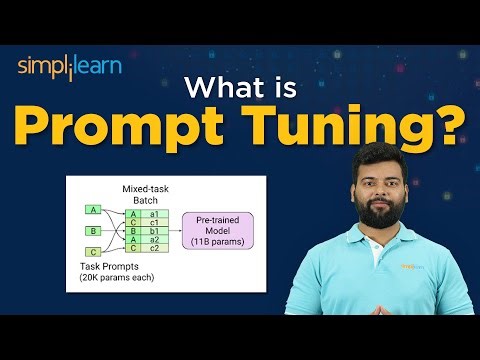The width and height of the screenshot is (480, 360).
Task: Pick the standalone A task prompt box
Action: pos(93,209)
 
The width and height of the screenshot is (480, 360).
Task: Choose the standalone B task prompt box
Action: pos(93,231)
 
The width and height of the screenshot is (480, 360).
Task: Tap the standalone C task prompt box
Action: pos(93,253)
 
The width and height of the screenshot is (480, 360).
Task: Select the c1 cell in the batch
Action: pos(153,222)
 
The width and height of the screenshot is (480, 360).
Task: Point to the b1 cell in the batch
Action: pos(153,231)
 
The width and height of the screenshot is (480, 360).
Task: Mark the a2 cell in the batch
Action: pos(153,240)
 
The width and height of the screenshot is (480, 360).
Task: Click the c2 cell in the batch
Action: pos(153,249)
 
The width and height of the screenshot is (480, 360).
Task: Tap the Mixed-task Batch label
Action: pos(145,192)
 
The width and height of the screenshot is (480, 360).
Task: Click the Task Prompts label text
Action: pos(105,266)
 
